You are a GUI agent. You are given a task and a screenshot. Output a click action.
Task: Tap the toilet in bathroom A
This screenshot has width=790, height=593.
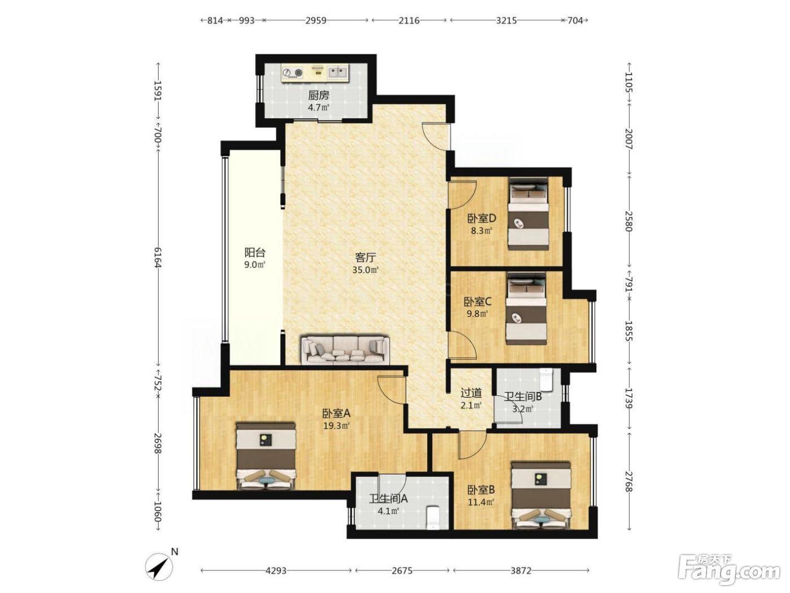click(x=432, y=518)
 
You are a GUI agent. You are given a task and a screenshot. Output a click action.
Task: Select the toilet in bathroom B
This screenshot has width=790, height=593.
click(x=546, y=380)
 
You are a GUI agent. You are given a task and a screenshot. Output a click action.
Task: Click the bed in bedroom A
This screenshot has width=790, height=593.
click(x=266, y=456)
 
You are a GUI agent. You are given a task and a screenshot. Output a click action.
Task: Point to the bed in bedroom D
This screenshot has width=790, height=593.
click(x=528, y=214)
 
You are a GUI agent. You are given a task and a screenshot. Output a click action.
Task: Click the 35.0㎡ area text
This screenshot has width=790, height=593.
click(x=365, y=270)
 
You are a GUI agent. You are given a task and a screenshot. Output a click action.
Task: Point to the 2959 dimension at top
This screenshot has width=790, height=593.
click(x=315, y=20)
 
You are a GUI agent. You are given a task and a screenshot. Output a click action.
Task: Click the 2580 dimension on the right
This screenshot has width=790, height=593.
click(x=629, y=221)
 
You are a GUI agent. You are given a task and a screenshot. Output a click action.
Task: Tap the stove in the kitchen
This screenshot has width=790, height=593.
click(x=292, y=73)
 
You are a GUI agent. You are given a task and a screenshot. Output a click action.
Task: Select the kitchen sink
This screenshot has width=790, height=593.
click(x=338, y=72)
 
